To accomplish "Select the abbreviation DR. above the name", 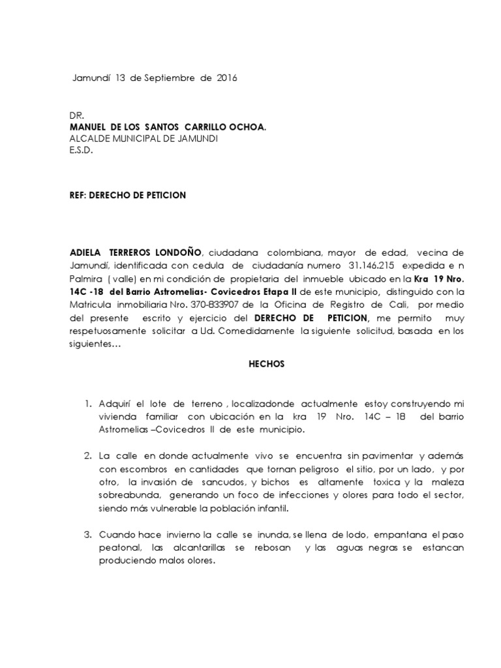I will [76, 115].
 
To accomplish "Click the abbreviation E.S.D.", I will [82, 150].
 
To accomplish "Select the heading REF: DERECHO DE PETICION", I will [128, 196].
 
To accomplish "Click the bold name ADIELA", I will [89, 252].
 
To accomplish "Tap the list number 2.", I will [88, 454].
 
